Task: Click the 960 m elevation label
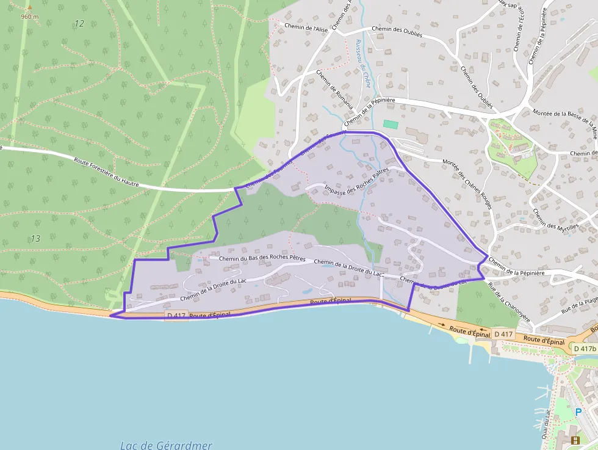29,16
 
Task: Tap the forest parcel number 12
79,23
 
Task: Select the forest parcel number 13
35,238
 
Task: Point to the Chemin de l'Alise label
308,28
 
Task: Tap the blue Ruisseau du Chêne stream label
360,64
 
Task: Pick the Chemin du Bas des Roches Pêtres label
257,258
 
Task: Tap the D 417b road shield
585,348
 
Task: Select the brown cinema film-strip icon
575,440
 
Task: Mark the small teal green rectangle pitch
391,125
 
